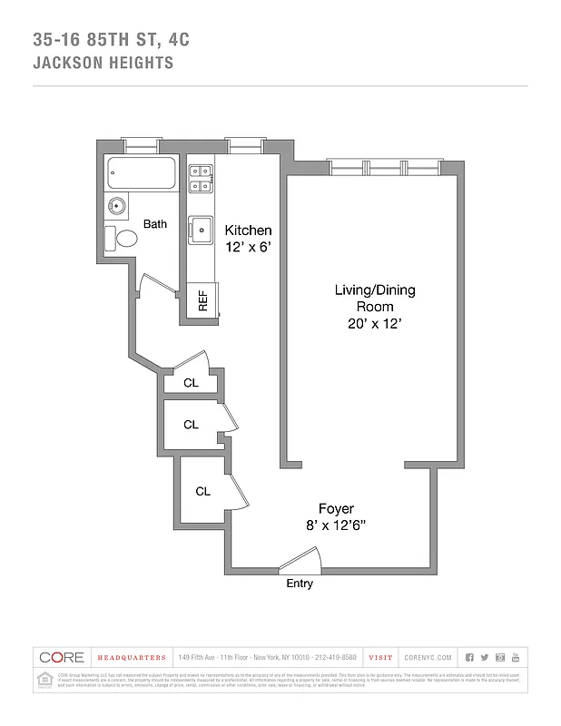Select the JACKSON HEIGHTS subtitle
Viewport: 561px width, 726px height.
tap(103, 64)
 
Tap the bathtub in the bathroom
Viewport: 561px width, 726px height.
tap(142, 174)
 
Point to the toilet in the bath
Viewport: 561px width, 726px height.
tap(123, 239)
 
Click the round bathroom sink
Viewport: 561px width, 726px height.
tap(116, 205)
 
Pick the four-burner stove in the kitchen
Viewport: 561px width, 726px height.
tap(200, 178)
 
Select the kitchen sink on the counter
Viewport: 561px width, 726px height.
tap(199, 231)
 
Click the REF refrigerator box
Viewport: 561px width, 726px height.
tap(202, 301)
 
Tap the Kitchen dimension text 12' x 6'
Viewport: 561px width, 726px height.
tap(248, 246)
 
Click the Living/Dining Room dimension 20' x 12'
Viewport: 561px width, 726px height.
tap(375, 324)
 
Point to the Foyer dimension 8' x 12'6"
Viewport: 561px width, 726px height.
tap(335, 525)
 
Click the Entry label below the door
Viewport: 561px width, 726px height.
tap(300, 584)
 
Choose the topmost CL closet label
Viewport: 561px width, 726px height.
tap(191, 383)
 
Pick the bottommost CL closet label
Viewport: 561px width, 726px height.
tap(202, 491)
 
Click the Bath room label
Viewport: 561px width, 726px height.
tap(154, 224)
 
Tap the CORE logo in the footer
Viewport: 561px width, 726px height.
tap(62, 657)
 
